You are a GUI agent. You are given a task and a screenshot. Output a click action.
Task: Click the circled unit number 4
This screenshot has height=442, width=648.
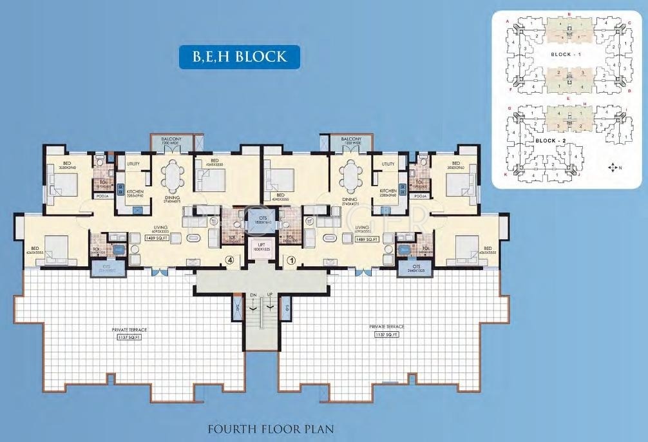pos(229,261)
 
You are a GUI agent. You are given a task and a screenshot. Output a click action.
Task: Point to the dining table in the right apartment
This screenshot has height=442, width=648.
pos(349,177)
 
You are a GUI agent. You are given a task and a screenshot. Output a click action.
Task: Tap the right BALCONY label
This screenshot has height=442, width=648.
pos(351,139)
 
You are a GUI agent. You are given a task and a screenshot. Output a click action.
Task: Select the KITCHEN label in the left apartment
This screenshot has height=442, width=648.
pos(135,191)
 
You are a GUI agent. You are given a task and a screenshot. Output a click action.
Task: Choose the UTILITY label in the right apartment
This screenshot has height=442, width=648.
pos(388,164)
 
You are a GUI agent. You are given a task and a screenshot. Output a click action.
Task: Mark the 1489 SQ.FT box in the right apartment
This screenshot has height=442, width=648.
pos(367,239)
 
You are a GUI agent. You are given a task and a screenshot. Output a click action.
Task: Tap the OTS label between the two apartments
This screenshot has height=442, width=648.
pos(262,218)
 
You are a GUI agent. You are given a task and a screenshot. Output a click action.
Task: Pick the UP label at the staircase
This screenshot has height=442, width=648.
pos(269,295)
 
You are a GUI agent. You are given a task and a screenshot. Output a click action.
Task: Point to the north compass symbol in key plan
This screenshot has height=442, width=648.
pos(612,168)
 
